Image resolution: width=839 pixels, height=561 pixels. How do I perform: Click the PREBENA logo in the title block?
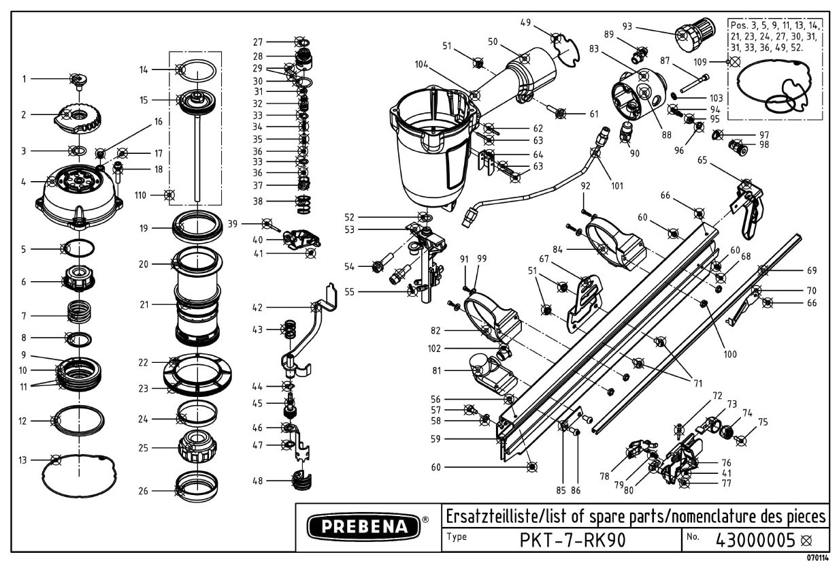pyautogui.click(x=365, y=526)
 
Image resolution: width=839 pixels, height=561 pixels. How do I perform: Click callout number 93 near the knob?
pyautogui.click(x=627, y=27)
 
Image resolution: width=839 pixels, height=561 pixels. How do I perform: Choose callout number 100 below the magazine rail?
pyautogui.click(x=730, y=354)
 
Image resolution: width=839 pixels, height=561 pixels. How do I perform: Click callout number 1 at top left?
pyautogui.click(x=24, y=79)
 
